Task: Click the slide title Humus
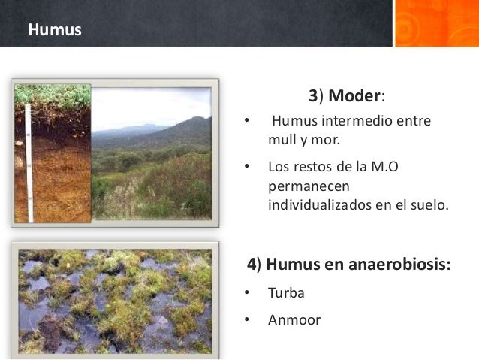tap(55, 31)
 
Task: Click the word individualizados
tap(330, 202)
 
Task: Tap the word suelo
tap(429, 202)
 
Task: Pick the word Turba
tap(286, 292)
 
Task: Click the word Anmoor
tap(294, 320)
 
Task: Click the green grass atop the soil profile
tap(53, 95)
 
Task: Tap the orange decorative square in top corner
tap(435, 23)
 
